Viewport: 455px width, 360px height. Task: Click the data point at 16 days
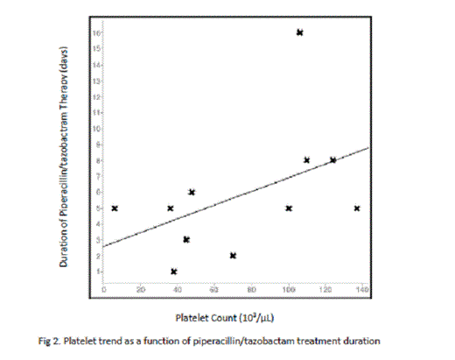pos(299,32)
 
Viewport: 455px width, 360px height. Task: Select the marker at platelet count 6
pos(115,208)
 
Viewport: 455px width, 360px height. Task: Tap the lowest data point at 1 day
pos(174,272)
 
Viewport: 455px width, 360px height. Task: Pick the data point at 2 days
pos(233,255)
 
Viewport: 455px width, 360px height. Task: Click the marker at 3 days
pos(186,239)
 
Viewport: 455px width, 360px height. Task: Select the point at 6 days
pos(192,192)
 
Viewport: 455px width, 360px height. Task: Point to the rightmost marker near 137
pos(357,208)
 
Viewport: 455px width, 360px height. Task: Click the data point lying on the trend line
pos(332,160)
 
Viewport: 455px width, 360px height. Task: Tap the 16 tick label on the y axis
pos(97,32)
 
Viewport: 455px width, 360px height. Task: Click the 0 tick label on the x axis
pos(104,289)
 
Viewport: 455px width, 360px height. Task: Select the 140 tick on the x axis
pos(361,289)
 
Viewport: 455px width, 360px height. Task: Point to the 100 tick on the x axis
pos(288,289)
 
